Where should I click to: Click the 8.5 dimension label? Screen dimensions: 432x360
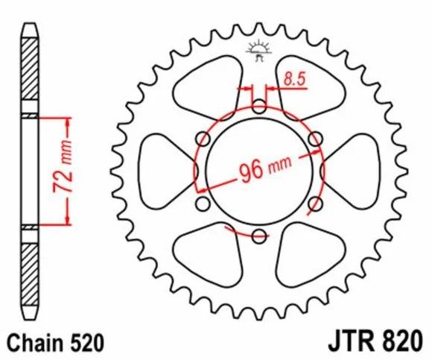[295, 79]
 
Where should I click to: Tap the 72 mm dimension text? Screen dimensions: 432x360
[63, 166]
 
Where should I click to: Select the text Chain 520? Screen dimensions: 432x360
[56, 343]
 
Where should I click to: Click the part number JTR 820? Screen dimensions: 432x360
[375, 341]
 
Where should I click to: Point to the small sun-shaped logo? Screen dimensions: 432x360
[259, 50]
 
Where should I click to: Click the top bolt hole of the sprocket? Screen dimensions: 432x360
[259, 107]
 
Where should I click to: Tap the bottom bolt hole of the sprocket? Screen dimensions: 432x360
[259, 236]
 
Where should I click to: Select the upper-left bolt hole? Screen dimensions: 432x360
[203, 139]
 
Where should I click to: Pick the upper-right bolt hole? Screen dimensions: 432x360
[315, 139]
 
